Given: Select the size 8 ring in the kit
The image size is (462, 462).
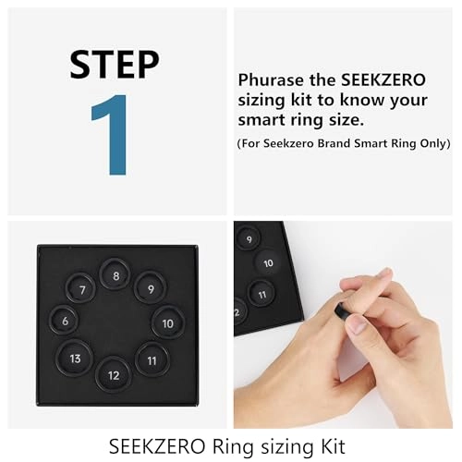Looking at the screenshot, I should point(115,274).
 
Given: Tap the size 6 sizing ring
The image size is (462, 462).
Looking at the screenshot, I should point(65,321).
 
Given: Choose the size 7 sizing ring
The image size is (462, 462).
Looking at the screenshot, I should point(82,289).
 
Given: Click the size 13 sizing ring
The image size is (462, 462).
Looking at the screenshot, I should point(75,358).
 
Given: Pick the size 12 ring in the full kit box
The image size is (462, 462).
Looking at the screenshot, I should point(114,374).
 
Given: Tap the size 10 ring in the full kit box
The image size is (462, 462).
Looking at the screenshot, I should point(167,322).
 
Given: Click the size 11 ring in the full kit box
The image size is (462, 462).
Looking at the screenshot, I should point(152,359).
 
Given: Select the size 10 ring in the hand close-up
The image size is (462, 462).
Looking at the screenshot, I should point(268,263).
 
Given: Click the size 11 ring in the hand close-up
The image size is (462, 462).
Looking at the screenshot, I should point(262,296).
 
